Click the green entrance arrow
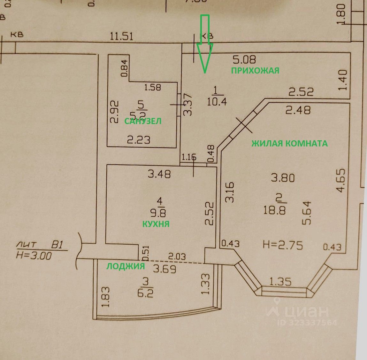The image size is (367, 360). pyautogui.click(x=204, y=45)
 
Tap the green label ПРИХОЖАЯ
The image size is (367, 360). pyautogui.click(x=255, y=71)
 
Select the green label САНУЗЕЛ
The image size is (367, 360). pyautogui.click(x=143, y=121)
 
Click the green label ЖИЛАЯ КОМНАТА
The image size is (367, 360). pyautogui.click(x=289, y=144)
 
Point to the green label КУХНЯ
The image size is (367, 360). pyautogui.click(x=156, y=224)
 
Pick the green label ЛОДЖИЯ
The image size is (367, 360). pyautogui.click(x=126, y=266)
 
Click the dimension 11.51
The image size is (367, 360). pyautogui.click(x=121, y=36)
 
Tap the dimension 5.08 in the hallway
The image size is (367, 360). pyautogui.click(x=244, y=59)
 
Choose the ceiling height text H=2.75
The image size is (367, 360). pyautogui.click(x=283, y=245)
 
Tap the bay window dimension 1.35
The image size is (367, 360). pyautogui.click(x=280, y=281)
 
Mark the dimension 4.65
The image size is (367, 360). pyautogui.click(x=341, y=180)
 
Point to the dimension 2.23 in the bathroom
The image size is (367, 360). pyautogui.click(x=139, y=140)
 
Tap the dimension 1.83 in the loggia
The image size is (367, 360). pyautogui.click(x=106, y=297)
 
